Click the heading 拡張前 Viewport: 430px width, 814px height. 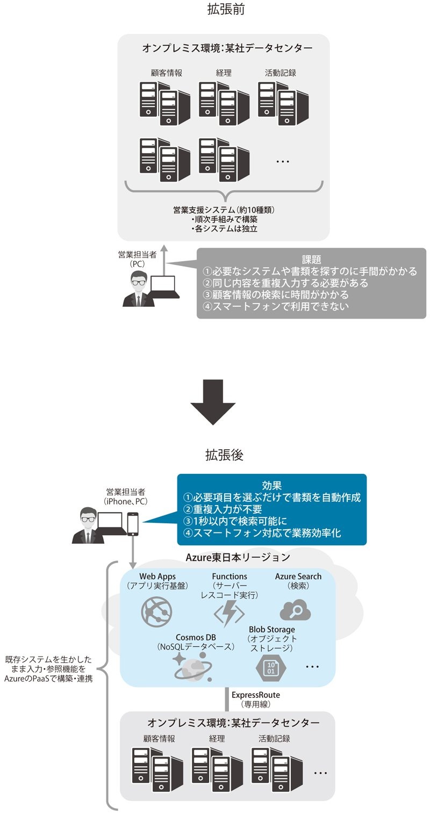pos(226,10)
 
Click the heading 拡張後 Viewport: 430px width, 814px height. pos(224,456)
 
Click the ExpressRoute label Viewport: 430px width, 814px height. pos(255,695)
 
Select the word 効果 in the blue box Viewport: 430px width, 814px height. pos(272,484)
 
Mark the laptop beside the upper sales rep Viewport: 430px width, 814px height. pos(164,288)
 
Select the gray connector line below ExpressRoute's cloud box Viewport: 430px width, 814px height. pos(228,700)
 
